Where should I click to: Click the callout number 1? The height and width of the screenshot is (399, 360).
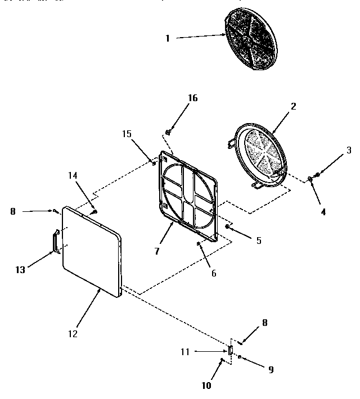(x=167, y=38)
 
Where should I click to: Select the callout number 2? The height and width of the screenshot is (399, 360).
(x=294, y=106)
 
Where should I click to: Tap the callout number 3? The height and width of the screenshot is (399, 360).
(x=348, y=150)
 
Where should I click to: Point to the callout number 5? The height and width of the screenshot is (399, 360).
(x=258, y=241)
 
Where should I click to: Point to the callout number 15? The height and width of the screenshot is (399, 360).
(x=127, y=133)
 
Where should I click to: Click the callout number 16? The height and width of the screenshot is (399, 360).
(x=192, y=98)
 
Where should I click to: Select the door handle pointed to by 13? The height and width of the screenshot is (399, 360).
(x=55, y=241)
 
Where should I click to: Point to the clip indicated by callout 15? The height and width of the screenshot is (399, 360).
(x=154, y=164)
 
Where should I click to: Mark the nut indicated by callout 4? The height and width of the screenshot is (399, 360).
(x=310, y=179)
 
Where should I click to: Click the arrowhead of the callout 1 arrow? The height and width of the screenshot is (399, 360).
(x=224, y=35)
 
